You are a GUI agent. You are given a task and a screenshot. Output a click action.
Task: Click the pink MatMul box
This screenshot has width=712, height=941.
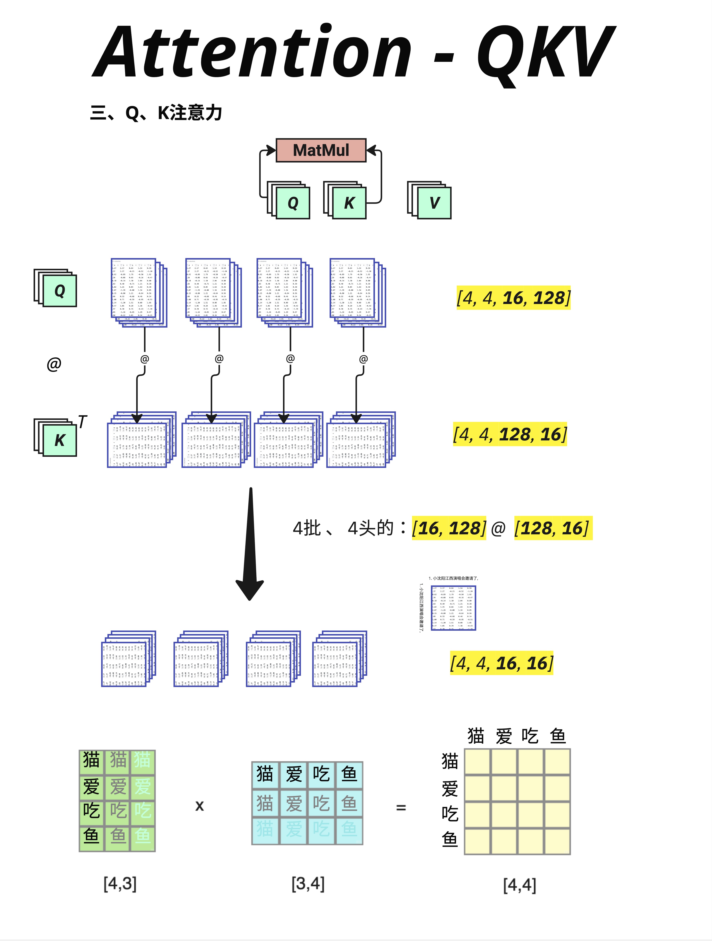tap(321, 150)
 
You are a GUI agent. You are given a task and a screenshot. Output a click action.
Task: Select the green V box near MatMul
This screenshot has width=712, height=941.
tap(434, 203)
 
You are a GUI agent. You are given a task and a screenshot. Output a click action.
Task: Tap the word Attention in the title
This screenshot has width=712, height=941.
tap(251, 52)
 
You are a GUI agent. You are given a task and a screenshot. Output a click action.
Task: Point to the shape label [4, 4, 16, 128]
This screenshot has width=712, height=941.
tap(513, 298)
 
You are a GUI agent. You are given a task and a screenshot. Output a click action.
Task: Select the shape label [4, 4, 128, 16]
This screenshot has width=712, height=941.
tap(510, 434)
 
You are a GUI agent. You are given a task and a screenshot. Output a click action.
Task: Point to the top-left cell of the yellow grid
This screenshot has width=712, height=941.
tap(477, 762)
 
